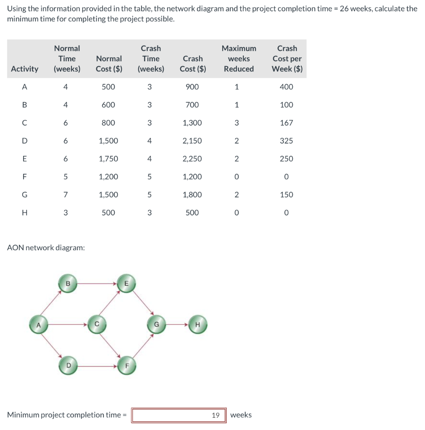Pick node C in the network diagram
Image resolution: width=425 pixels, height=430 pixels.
tap(97, 325)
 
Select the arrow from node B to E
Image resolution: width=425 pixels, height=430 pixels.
tap(97, 283)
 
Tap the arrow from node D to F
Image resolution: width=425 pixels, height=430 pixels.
tap(97, 366)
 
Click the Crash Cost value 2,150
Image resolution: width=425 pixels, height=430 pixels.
tap(192, 141)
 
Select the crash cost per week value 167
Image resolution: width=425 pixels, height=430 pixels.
tap(286, 123)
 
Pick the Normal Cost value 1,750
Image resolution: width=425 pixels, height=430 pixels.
tap(108, 159)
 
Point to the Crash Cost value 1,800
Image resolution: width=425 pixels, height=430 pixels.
tap(192, 194)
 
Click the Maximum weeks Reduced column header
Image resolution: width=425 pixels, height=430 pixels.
tap(239, 59)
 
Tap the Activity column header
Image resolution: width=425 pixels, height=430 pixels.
tap(25, 69)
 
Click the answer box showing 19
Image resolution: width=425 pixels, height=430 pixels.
tap(179, 415)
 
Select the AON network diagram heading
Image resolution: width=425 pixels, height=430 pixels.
tap(46, 248)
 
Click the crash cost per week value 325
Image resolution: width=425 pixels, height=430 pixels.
tap(286, 141)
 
